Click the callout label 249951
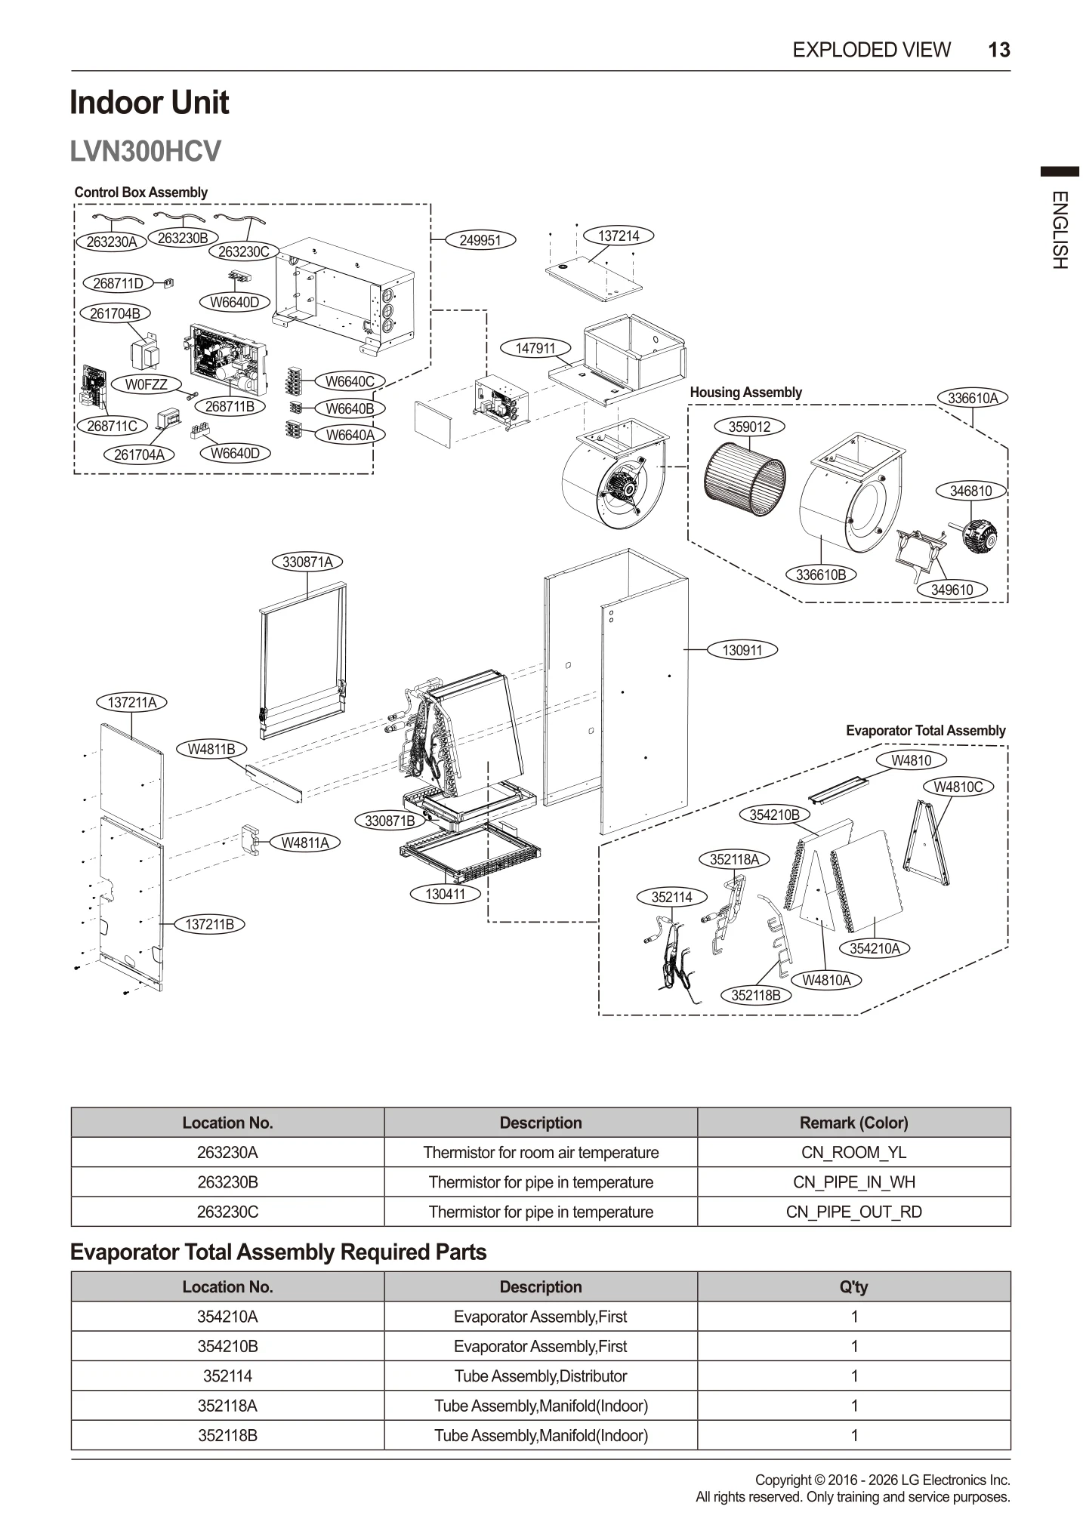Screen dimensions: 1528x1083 (x=480, y=240)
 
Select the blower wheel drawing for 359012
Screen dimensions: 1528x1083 (x=744, y=479)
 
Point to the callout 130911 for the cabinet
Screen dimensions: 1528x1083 (x=742, y=650)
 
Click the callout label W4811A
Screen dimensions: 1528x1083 (x=305, y=843)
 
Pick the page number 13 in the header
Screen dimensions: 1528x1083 (x=998, y=50)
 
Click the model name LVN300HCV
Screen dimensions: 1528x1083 (x=145, y=151)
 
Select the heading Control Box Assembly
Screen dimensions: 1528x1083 (x=140, y=192)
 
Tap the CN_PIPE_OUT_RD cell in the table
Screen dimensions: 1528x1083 (x=853, y=1212)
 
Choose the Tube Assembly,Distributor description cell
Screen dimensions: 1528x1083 (x=540, y=1376)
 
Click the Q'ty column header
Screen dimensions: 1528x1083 (x=853, y=1286)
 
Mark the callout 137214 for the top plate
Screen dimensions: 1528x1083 (x=619, y=236)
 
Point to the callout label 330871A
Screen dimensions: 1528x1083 (x=307, y=562)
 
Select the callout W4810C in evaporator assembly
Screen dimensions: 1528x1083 (x=958, y=787)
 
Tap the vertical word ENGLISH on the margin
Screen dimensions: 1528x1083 (x=1060, y=230)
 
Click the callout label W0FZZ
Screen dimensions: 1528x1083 (x=146, y=384)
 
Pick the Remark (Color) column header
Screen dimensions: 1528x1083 (x=853, y=1123)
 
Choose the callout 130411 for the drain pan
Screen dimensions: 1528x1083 (x=445, y=894)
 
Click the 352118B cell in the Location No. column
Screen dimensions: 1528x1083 (x=227, y=1435)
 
